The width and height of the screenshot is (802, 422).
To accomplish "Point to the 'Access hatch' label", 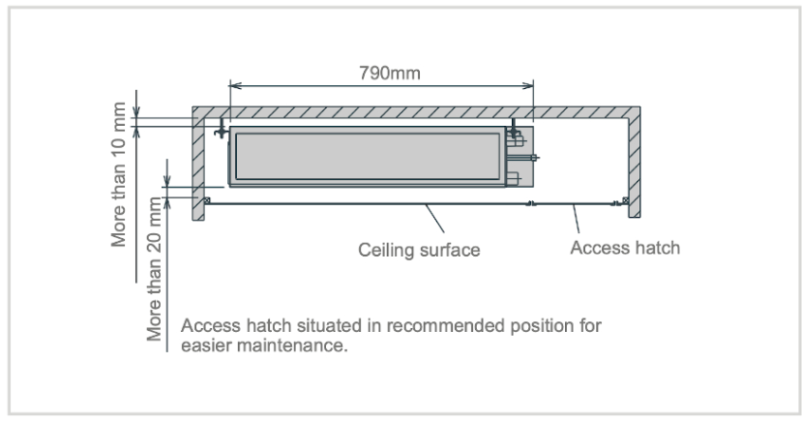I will pyautogui.click(x=624, y=247).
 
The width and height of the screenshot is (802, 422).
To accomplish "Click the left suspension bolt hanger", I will pyautogui.click(x=222, y=128).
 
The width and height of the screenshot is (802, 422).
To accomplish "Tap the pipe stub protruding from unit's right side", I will pyautogui.click(x=531, y=155).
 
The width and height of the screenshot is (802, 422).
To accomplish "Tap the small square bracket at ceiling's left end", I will pyautogui.click(x=206, y=200).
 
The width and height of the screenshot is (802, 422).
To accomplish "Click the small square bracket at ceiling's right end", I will pyautogui.click(x=626, y=200).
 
